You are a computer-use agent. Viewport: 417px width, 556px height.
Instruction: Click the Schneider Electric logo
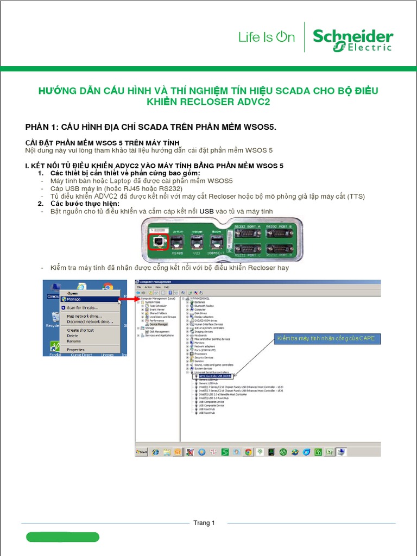point(353,41)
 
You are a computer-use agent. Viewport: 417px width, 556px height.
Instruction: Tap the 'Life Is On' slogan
point(267,37)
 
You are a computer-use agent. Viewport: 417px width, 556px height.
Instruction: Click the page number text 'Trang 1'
point(204,523)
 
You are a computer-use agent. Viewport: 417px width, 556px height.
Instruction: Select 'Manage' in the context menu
point(74,299)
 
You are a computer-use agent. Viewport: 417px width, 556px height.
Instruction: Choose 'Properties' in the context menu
point(75,350)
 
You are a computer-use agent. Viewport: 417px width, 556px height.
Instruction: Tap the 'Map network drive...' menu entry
point(84,315)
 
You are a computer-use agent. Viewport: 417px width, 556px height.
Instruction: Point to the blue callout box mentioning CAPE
point(325,339)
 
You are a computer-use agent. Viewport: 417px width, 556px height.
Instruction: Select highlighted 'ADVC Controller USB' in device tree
point(214,376)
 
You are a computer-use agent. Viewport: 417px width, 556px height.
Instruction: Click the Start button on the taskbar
point(142,451)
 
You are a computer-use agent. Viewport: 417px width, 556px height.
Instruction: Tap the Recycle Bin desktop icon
point(52,320)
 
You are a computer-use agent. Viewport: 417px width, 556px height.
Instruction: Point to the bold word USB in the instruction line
point(207,211)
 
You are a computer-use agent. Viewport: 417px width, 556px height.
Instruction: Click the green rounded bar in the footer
point(62,537)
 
